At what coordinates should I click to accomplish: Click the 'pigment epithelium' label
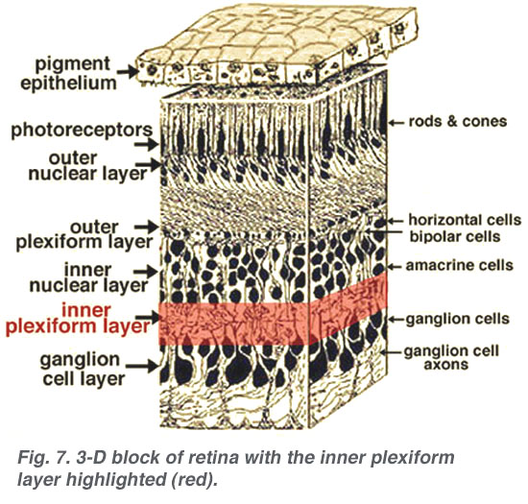click(x=69, y=73)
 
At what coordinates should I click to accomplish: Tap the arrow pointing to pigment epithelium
click(x=128, y=71)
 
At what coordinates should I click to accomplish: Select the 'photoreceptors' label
click(x=82, y=131)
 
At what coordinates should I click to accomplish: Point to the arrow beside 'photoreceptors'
click(x=146, y=145)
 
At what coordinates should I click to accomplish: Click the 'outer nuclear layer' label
click(x=87, y=166)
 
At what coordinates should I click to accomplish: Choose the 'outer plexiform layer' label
click(x=84, y=234)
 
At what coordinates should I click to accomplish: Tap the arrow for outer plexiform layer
click(x=146, y=227)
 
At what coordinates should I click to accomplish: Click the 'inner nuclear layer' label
click(x=88, y=277)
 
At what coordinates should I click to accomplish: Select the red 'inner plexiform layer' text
click(x=78, y=319)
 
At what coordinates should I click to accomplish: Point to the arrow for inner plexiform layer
click(x=147, y=317)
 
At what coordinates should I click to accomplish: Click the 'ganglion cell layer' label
click(x=83, y=369)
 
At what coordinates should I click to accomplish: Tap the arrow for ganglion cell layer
click(x=142, y=366)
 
